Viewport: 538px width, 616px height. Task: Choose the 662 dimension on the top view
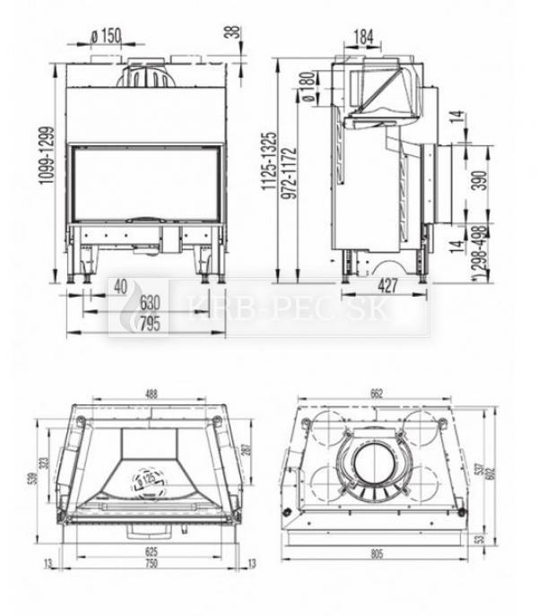pos(376,392)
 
